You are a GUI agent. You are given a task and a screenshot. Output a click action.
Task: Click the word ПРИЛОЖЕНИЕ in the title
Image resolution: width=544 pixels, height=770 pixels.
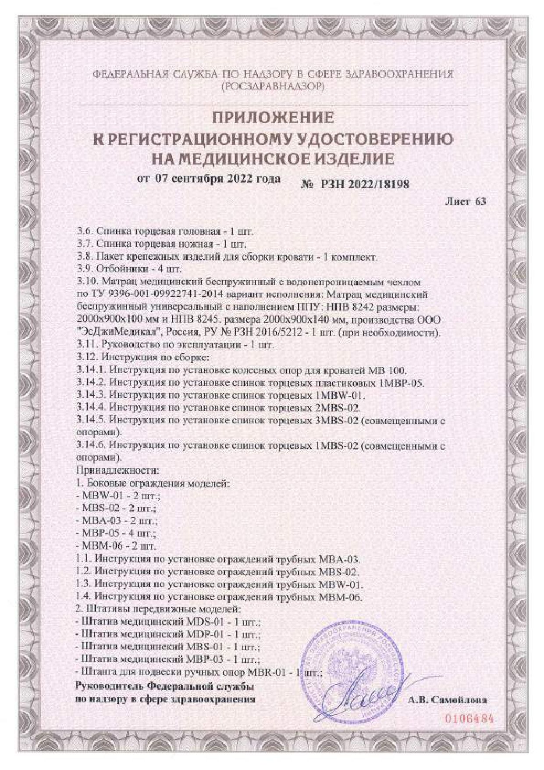[273, 118]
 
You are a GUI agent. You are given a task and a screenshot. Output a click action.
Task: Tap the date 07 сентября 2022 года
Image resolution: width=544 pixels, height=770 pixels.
[218, 179]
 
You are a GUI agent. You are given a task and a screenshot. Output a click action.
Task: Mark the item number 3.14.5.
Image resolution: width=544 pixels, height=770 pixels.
[91, 421]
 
